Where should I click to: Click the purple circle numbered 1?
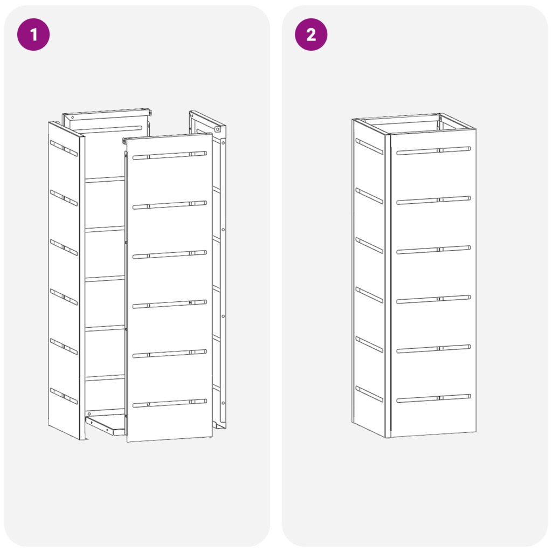click(33, 34)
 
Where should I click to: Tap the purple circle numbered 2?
click(311, 34)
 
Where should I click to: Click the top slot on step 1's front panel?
click(170, 155)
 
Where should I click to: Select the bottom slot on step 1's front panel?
click(170, 403)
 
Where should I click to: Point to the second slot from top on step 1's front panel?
click(170, 205)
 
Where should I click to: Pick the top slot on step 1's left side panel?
click(64, 148)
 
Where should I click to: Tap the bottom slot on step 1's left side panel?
click(64, 396)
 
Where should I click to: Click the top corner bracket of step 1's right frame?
click(218, 129)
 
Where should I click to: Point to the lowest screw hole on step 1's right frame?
click(223, 403)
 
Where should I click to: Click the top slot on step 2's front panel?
click(434, 151)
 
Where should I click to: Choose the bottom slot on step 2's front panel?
click(434, 398)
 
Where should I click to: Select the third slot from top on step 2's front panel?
click(434, 250)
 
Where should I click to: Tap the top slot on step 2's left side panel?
click(369, 147)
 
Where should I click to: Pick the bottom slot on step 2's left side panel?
click(369, 394)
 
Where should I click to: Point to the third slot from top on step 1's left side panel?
click(64, 247)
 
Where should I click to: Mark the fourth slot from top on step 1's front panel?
click(170, 304)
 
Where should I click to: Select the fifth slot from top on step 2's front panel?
click(434, 349)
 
